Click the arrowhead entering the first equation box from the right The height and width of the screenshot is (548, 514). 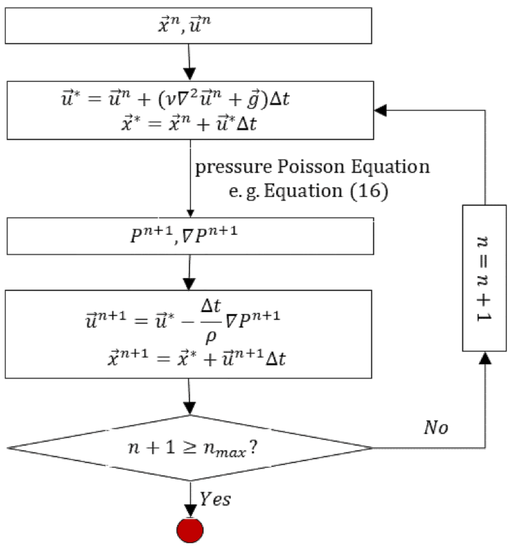click(x=380, y=110)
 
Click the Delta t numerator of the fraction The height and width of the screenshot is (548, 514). click(x=211, y=306)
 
